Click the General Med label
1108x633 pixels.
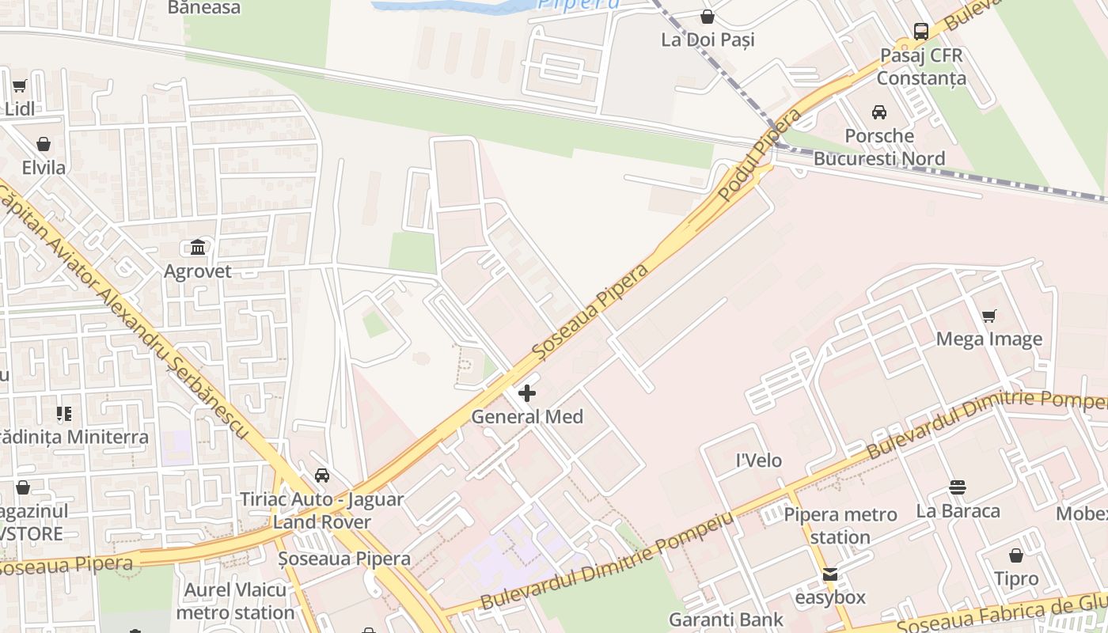pos(527,416)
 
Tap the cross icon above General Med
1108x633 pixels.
pos(527,392)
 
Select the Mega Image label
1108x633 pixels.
pos(988,339)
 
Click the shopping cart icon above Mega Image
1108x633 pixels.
pos(988,316)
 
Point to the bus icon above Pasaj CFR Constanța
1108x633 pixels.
pos(921,32)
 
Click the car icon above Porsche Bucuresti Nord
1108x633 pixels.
pos(878,112)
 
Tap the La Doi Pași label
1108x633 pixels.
pos(708,40)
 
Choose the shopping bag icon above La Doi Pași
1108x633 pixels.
pos(708,17)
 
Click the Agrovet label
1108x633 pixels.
pos(198,271)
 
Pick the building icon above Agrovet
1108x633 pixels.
pos(198,248)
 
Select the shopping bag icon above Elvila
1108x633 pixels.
pos(44,144)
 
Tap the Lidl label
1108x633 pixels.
pos(20,109)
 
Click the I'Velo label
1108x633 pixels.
pos(759,461)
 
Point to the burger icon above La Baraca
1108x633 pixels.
pos(958,487)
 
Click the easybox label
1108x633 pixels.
pos(830,597)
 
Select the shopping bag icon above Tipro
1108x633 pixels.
pos(1016,555)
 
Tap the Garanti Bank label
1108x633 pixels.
pos(726,620)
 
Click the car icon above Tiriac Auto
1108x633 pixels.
pos(321,476)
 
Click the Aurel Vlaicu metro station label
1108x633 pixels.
pos(235,601)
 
